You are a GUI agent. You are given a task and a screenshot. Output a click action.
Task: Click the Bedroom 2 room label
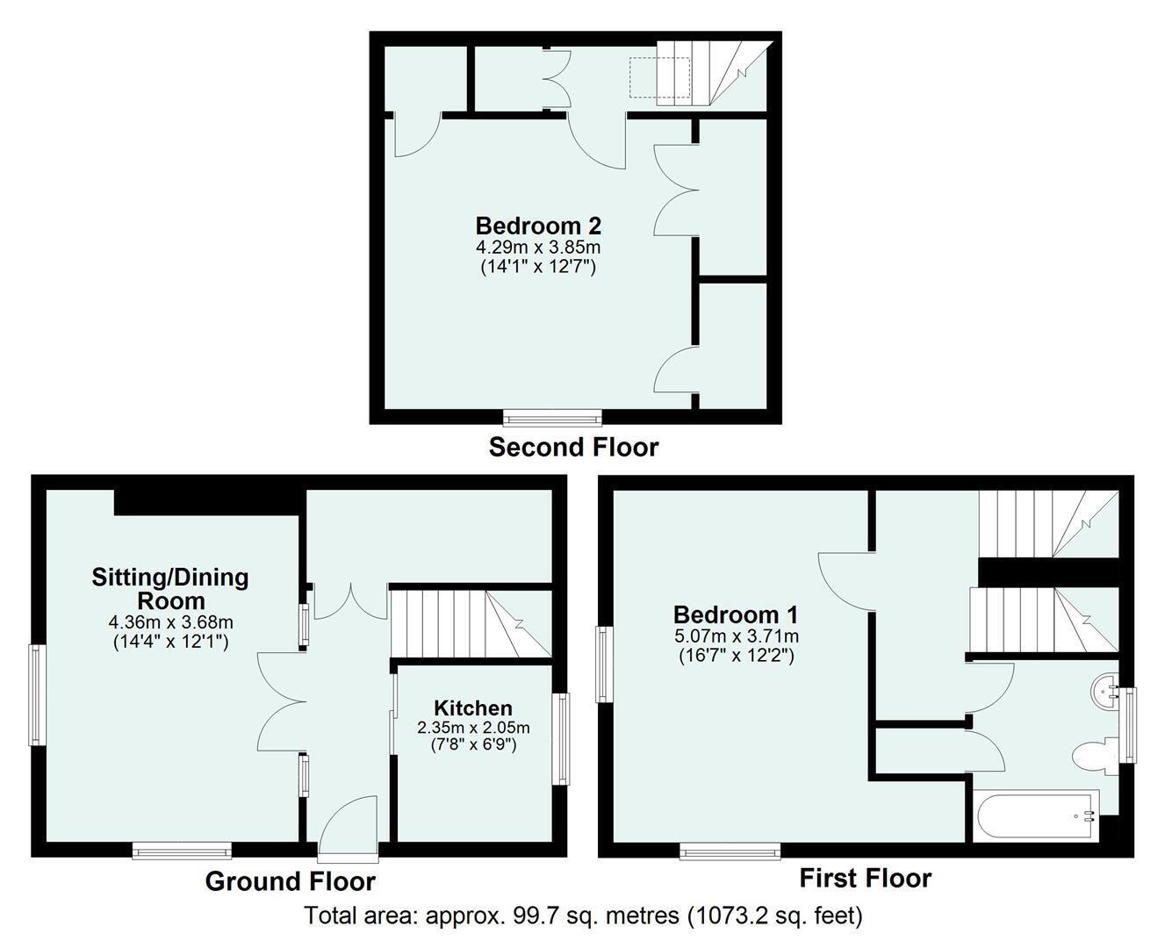(538, 226)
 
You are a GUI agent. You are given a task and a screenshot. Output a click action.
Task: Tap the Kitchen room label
(473, 707)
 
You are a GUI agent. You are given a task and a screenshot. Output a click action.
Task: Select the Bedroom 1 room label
(736, 614)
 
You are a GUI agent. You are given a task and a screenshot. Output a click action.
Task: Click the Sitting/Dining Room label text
(170, 589)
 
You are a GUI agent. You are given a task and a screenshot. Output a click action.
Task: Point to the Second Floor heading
(574, 448)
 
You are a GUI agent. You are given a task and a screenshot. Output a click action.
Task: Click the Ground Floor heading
(291, 881)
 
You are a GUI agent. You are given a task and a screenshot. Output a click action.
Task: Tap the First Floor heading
(866, 878)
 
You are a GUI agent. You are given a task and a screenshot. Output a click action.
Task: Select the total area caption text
(583, 916)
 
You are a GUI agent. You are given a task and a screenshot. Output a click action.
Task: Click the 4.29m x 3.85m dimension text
(538, 246)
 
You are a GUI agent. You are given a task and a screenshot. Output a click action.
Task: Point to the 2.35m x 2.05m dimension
(473, 728)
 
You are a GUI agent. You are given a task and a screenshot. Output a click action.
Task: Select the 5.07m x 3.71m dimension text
(737, 636)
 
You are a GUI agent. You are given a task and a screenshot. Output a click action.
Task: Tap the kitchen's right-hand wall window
(561, 738)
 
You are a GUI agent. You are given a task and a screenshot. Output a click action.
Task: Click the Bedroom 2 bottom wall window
(552, 418)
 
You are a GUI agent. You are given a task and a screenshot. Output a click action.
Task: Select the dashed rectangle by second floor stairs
(659, 77)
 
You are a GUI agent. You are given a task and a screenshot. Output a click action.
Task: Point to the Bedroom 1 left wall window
(605, 664)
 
